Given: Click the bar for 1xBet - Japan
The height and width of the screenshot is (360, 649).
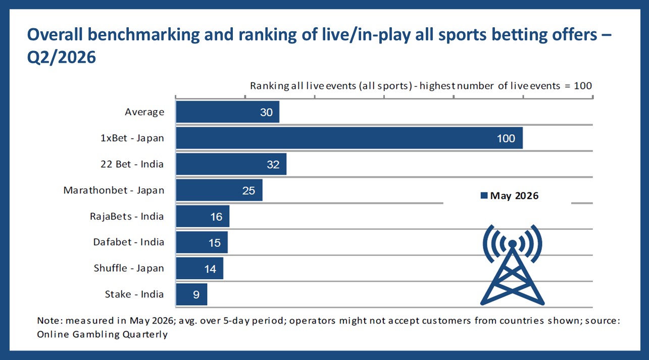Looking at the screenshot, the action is (x=350, y=138).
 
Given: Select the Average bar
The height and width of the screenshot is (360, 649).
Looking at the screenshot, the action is (x=228, y=112).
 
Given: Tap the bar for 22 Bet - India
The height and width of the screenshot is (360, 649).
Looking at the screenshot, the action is (x=231, y=164).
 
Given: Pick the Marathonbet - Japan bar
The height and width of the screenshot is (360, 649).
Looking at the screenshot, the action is (x=219, y=190).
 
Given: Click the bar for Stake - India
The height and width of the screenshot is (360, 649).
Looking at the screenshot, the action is (x=191, y=294).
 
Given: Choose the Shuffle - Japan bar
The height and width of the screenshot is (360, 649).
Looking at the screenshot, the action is (x=199, y=269).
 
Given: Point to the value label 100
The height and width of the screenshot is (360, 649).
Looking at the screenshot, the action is (x=506, y=138).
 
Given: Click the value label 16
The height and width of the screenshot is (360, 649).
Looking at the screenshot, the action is (x=216, y=217).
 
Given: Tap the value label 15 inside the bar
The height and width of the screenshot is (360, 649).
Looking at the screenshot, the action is (x=215, y=243).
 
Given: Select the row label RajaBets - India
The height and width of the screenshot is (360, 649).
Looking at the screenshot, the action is (x=127, y=216).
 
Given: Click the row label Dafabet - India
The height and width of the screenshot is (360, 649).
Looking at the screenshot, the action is (x=129, y=242).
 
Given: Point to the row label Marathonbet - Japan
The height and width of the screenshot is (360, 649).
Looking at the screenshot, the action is (x=114, y=190).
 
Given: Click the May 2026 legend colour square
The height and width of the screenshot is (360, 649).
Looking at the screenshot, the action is (x=484, y=195).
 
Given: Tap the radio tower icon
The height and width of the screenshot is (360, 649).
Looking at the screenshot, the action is (x=512, y=265).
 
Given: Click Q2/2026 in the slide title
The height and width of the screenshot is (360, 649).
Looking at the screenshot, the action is (x=62, y=57).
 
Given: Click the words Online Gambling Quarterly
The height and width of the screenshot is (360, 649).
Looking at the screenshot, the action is (x=103, y=334).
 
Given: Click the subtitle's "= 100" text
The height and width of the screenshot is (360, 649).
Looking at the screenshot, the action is (x=578, y=86).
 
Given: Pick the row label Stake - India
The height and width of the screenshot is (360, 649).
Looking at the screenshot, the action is (x=134, y=294).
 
